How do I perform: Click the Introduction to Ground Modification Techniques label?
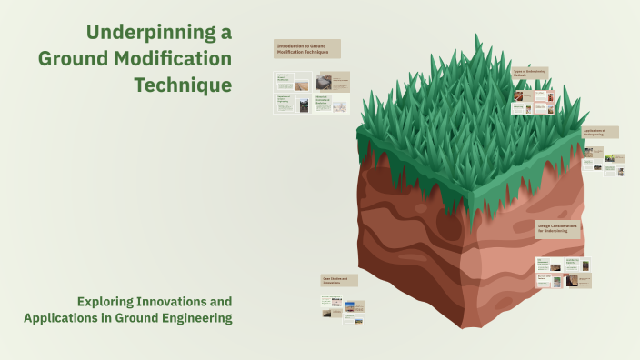[307, 49]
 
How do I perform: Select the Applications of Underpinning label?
[600, 132]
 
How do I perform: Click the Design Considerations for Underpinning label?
[557, 229]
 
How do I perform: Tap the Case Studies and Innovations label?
[338, 281]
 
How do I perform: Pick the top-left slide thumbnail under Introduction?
[292, 81]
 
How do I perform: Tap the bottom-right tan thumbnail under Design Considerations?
[578, 281]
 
